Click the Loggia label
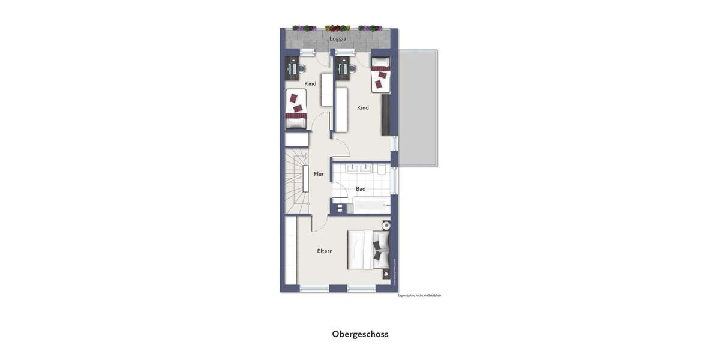tap(338, 39)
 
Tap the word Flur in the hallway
tap(319, 174)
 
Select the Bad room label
tap(361, 189)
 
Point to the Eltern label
tap(325, 251)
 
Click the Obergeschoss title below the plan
tap(360, 334)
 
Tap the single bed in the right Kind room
tap(380, 74)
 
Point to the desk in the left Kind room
tap(292, 69)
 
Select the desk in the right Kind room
tap(343, 68)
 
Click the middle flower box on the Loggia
tap(337, 28)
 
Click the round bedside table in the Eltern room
tap(386, 226)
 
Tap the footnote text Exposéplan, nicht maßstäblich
tap(419, 295)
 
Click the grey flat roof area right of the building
tap(418, 108)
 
